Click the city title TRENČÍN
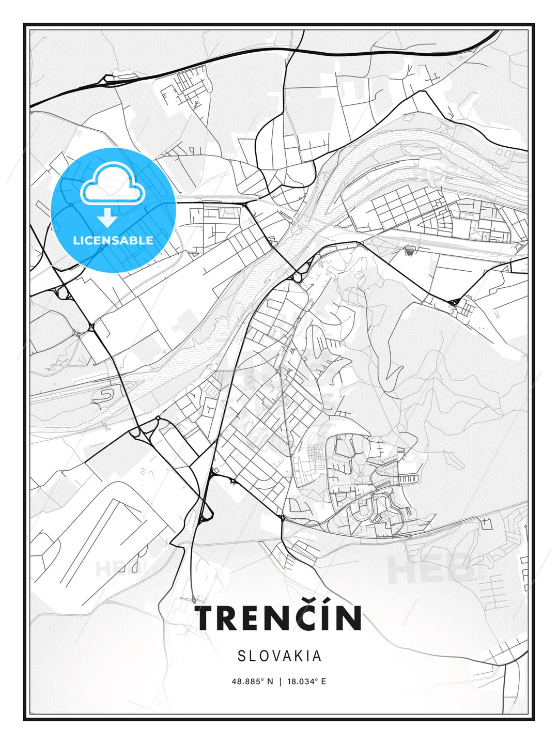click(x=278, y=618)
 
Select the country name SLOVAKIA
click(x=280, y=656)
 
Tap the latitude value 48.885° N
click(x=252, y=681)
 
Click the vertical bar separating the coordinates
click(x=280, y=681)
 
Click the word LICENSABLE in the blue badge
click(x=113, y=240)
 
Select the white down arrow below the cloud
click(x=107, y=218)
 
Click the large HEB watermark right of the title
click(x=432, y=568)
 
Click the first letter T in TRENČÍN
click(x=205, y=618)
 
